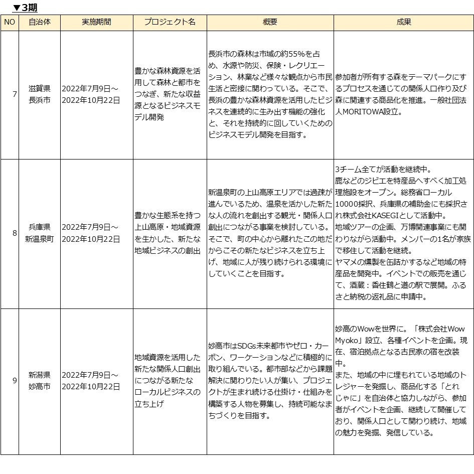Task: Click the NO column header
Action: tap(10, 23)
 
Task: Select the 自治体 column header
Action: tap(40, 23)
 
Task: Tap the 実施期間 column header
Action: tap(96, 23)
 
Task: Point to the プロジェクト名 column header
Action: tap(170, 23)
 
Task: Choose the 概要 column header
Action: tap(270, 23)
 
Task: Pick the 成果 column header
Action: tap(403, 23)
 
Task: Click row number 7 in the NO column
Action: tap(14, 94)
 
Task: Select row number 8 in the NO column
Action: tap(14, 233)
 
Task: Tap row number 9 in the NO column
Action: tap(14, 380)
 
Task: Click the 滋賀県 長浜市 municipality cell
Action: tap(40, 94)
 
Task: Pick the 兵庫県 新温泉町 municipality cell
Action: tap(40, 233)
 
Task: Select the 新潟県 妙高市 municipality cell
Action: tap(40, 380)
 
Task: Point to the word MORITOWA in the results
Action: tap(368, 112)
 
